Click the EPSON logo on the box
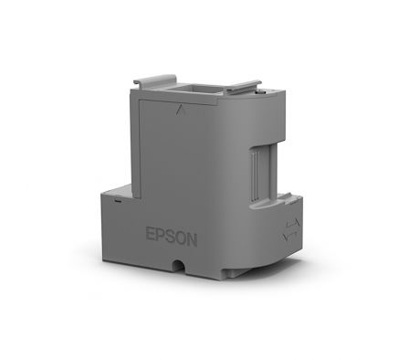(x=172, y=237)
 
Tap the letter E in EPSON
(x=151, y=233)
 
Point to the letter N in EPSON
(x=192, y=239)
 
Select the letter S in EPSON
(x=171, y=236)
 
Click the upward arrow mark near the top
(x=180, y=110)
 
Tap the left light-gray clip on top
(x=155, y=79)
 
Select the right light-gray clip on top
(x=244, y=86)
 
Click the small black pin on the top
(x=259, y=90)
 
